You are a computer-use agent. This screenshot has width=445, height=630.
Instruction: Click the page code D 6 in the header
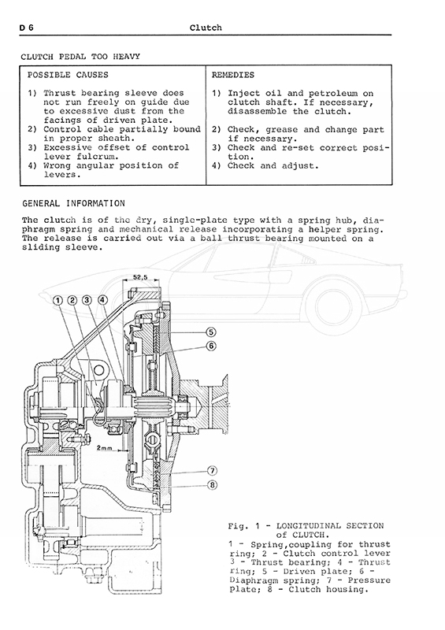click(x=27, y=28)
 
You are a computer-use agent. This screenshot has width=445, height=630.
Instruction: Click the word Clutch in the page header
click(x=206, y=28)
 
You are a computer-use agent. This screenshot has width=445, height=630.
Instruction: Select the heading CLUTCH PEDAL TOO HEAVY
click(x=80, y=57)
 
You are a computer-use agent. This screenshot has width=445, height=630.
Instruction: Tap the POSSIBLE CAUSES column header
click(x=68, y=75)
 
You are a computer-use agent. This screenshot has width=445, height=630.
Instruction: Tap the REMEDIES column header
click(x=233, y=75)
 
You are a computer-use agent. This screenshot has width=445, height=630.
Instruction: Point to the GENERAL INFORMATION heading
click(x=73, y=203)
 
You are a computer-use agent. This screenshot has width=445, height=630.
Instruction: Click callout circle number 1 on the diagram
click(x=57, y=301)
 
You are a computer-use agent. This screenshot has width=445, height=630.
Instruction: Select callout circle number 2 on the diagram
click(x=72, y=301)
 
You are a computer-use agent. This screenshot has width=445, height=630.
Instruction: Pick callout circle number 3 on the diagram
click(x=87, y=301)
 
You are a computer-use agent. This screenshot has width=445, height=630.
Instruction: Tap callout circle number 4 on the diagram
click(x=102, y=300)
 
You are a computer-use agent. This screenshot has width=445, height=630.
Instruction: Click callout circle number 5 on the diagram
click(x=211, y=332)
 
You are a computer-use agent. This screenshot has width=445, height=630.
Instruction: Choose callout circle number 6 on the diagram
click(x=211, y=346)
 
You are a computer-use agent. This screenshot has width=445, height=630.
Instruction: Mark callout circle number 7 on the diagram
click(x=212, y=470)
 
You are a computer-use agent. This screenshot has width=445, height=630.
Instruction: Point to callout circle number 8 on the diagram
click(x=212, y=485)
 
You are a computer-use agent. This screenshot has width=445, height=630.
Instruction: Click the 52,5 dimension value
click(x=140, y=277)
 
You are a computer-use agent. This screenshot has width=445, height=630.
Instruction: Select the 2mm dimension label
click(x=105, y=447)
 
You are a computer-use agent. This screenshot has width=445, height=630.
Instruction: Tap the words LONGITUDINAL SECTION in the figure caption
click(x=330, y=526)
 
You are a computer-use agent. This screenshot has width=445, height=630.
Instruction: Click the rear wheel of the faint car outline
click(x=334, y=306)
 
